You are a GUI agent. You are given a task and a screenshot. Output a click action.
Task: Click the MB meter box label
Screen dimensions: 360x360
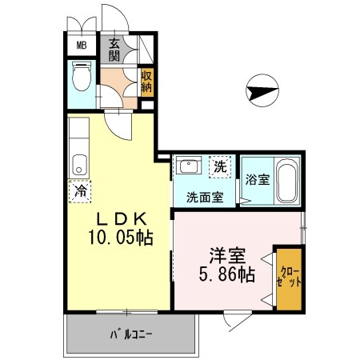tap(82, 46)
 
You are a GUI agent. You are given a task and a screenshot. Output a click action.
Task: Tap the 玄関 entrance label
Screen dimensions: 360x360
tap(114, 50)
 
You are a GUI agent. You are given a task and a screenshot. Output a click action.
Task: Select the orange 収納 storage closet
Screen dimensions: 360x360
tap(146, 82)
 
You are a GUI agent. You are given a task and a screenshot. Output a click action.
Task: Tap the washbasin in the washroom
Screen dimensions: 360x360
tap(190, 167)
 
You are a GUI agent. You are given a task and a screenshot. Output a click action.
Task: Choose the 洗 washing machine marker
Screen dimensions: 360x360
tap(220, 168)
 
